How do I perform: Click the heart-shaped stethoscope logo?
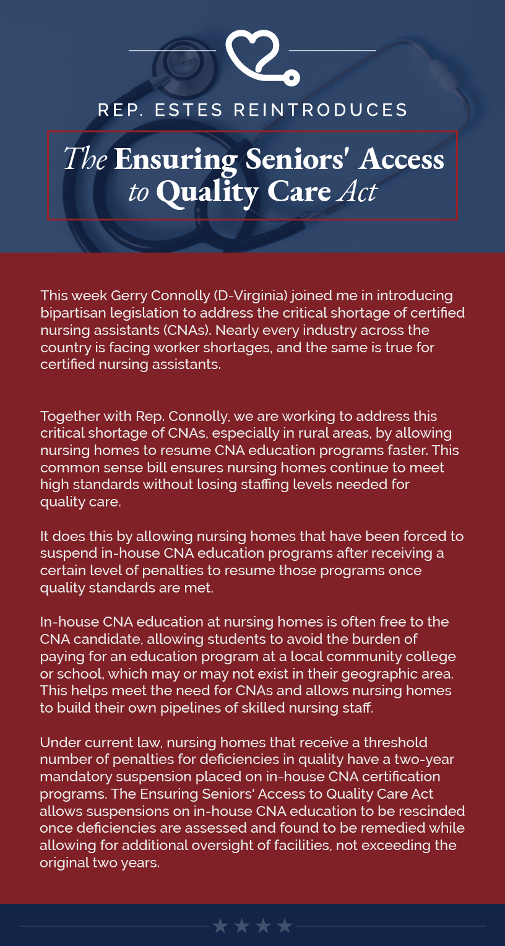[x=260, y=57]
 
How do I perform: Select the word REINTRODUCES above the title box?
[x=321, y=110]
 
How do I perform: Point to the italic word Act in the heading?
[x=357, y=192]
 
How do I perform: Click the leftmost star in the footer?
[x=220, y=926]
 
